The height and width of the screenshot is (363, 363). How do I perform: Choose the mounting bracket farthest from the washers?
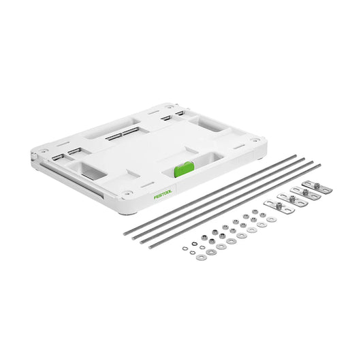click(x=314, y=185)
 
